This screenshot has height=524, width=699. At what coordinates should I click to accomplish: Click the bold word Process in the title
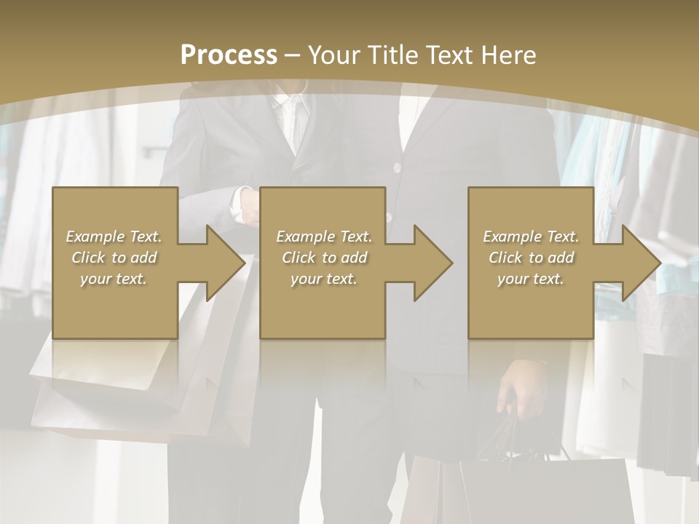[229, 55]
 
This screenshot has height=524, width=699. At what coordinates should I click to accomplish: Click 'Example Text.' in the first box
[114, 237]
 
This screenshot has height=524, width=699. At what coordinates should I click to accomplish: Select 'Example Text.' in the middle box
[323, 237]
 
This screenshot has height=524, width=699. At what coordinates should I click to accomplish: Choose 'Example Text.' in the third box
[531, 237]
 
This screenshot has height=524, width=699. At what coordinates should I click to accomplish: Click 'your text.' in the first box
[114, 279]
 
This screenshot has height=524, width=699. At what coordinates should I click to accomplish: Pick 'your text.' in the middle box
[323, 279]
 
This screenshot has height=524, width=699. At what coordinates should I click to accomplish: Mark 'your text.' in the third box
[531, 279]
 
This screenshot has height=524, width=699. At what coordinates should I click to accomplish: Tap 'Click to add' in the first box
[114, 258]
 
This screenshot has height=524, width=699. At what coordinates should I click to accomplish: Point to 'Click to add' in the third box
[531, 258]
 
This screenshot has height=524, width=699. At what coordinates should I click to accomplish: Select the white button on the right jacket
[397, 168]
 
